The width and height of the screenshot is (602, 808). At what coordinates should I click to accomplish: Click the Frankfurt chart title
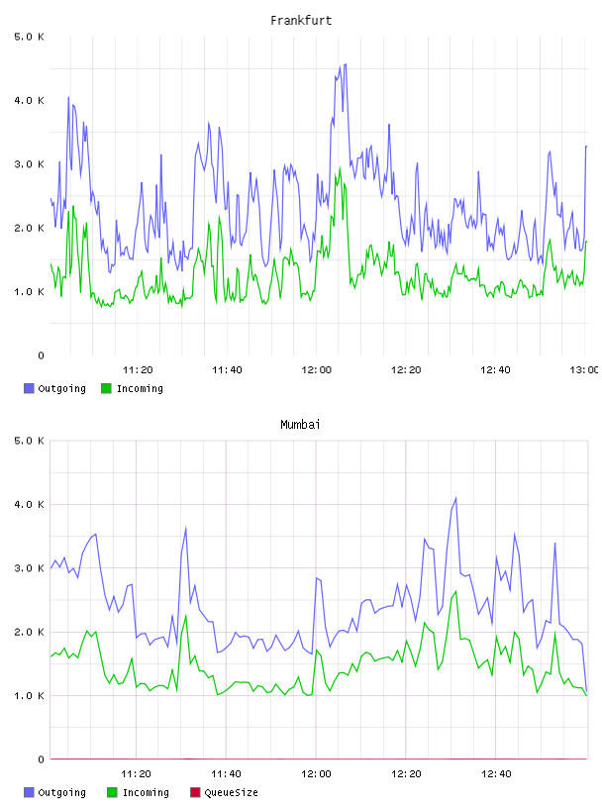point(301,21)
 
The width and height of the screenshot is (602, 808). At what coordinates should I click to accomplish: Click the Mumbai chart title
point(300,425)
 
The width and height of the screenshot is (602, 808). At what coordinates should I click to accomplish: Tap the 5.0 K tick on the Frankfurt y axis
point(29,37)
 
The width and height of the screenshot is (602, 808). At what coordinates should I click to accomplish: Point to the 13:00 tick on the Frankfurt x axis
point(583,369)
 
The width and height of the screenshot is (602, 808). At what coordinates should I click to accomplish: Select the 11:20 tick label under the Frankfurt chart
point(138,369)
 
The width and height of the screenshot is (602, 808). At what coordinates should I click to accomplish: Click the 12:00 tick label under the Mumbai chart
point(316,773)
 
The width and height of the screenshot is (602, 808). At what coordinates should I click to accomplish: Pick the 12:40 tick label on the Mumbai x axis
point(496,773)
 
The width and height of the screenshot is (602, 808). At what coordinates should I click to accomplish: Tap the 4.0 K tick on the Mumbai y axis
point(29,504)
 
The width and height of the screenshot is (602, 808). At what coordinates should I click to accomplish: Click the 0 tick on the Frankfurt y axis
point(41,355)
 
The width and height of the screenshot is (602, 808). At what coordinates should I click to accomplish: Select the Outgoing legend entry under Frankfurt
point(54,388)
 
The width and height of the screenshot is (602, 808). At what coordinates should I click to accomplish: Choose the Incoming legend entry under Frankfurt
point(132,388)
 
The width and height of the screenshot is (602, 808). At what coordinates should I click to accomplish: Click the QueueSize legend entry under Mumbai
point(224,792)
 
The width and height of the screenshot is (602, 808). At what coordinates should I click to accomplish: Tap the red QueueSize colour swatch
point(195,792)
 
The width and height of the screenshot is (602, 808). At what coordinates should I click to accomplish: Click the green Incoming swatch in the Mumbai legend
point(112,792)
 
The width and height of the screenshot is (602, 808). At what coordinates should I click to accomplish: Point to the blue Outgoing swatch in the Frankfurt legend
point(29,388)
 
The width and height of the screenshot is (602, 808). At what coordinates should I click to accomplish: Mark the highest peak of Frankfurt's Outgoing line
point(346,64)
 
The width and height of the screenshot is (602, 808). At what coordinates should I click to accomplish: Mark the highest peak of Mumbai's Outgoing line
point(455,498)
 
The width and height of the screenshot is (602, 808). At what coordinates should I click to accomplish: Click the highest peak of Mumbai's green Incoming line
point(455,591)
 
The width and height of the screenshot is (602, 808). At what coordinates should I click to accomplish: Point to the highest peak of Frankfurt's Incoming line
point(341,167)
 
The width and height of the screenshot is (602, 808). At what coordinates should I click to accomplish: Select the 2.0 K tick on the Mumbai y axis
point(29,632)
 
